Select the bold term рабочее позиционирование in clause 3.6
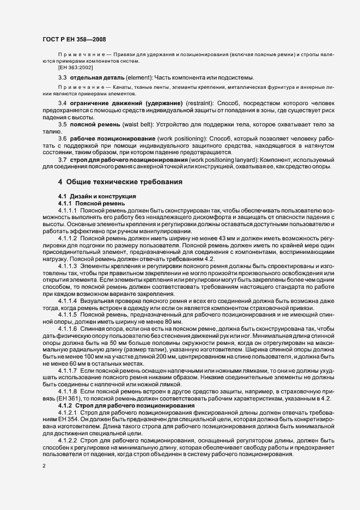106,138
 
